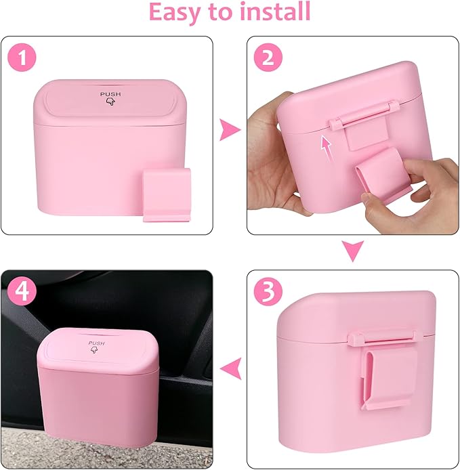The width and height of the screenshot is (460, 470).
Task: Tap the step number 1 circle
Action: click(x=25, y=59)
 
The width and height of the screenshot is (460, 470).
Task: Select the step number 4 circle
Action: click(x=23, y=293)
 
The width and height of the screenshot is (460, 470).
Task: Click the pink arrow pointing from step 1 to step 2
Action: click(x=231, y=131)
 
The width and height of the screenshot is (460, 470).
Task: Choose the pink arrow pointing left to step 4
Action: click(x=232, y=368)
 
